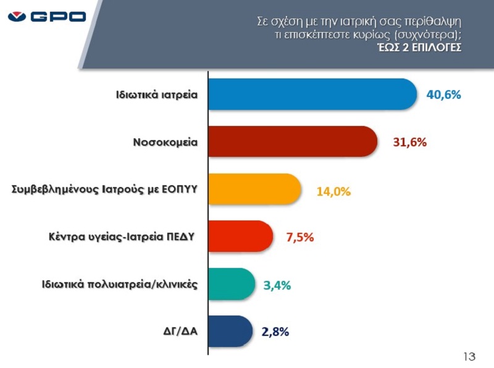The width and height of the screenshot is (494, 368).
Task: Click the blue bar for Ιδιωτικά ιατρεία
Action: click(312, 94)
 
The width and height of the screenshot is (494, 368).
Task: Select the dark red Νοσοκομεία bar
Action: click(293, 141)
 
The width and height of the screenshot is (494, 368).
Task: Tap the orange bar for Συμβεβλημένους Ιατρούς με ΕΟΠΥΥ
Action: click(254, 189)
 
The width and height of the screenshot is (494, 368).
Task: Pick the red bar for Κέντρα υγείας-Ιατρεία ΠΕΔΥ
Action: click(241, 236)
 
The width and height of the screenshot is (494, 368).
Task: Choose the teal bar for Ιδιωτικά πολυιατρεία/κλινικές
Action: click(232, 284)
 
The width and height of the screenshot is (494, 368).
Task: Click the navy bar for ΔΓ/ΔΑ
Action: click(230, 331)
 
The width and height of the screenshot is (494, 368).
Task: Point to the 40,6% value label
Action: click(443, 94)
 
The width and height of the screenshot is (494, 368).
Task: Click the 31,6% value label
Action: click(410, 142)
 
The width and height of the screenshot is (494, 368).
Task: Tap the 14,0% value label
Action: click(333, 191)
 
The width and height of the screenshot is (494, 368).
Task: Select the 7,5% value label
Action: click(300, 237)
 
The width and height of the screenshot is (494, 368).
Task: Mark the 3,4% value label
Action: click(277, 285)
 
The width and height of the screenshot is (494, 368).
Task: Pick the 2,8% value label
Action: click(275, 332)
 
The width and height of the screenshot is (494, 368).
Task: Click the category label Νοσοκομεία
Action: click(165, 142)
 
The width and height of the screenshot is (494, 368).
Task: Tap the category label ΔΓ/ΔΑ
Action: click(180, 331)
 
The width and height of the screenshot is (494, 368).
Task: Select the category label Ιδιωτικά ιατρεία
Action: click(157, 94)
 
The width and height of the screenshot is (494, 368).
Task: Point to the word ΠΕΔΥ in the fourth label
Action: click(180, 236)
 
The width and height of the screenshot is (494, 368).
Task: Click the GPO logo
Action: click(47, 17)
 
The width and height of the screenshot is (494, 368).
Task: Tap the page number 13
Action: click(469, 356)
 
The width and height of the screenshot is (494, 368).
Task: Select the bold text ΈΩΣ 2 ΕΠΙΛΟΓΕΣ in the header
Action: click(419, 48)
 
